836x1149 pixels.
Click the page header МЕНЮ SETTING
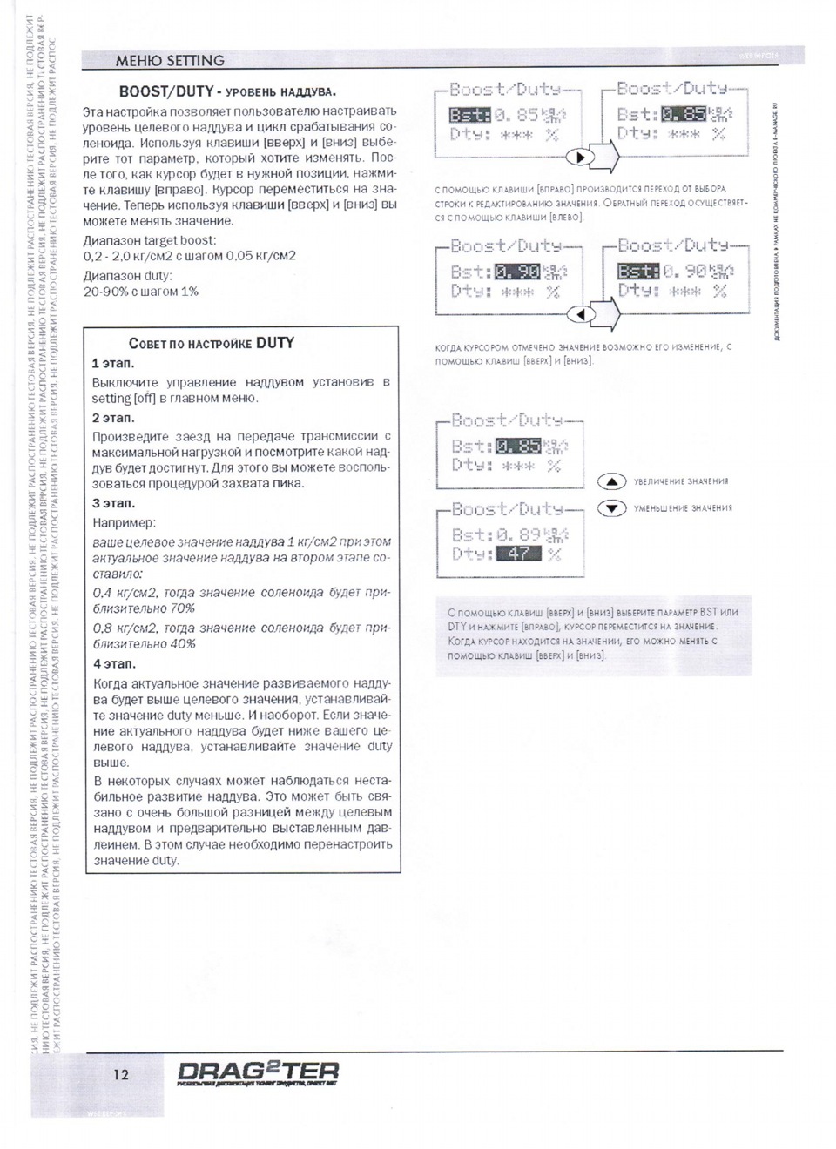[x=170, y=61]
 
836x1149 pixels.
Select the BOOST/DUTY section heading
[x=227, y=91]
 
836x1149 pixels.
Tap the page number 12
[x=121, y=1074]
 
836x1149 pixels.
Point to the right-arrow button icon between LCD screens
[x=581, y=158]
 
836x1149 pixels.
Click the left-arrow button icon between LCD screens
[x=581, y=313]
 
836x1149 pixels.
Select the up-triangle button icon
[x=612, y=481]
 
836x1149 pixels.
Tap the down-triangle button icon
[x=612, y=508]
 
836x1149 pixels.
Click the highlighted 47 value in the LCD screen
[x=518, y=554]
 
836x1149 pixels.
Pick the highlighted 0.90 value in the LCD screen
[x=517, y=272]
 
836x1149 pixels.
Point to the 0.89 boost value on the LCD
[x=518, y=534]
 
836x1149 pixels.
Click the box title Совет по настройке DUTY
[x=212, y=343]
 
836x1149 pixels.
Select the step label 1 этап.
[x=113, y=363]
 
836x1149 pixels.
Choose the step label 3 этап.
[x=113, y=503]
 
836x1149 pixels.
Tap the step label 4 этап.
[x=114, y=663]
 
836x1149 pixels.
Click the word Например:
[x=125, y=523]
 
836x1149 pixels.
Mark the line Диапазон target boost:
[x=150, y=240]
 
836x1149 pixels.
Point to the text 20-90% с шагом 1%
[x=141, y=292]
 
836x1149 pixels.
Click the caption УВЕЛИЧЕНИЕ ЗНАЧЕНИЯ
[x=681, y=481]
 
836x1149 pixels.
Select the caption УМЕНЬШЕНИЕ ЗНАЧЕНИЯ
[x=683, y=508]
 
